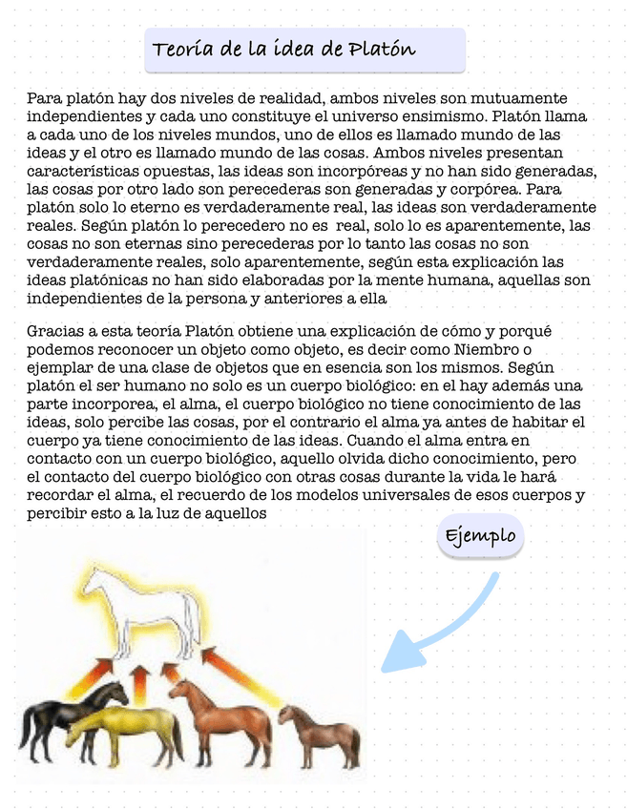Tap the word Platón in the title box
pos(382,49)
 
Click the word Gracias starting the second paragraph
pos(54,332)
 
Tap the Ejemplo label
pos(481,535)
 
